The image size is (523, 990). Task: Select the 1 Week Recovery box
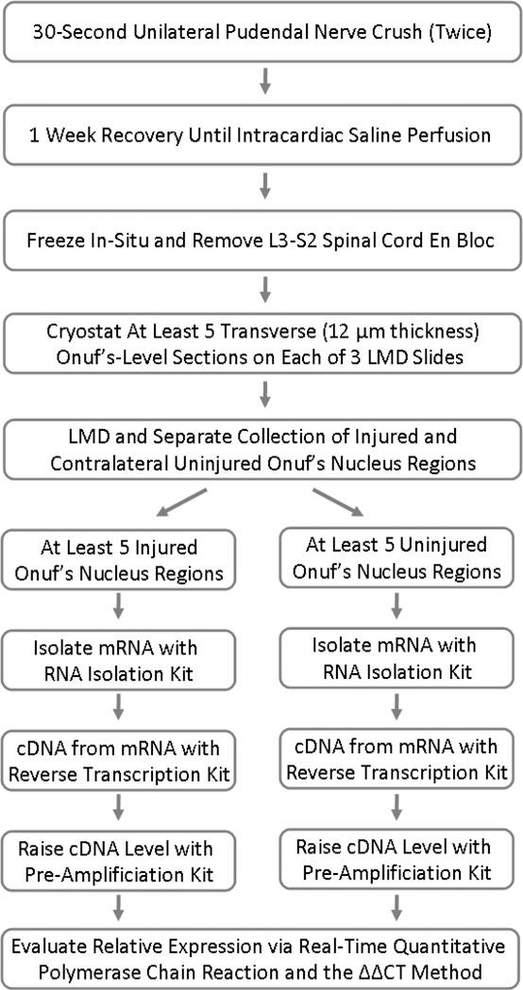click(261, 135)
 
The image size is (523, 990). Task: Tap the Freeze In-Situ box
click(261, 240)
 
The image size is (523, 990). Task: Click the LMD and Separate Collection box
click(261, 449)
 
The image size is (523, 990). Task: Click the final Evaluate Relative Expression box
click(261, 958)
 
